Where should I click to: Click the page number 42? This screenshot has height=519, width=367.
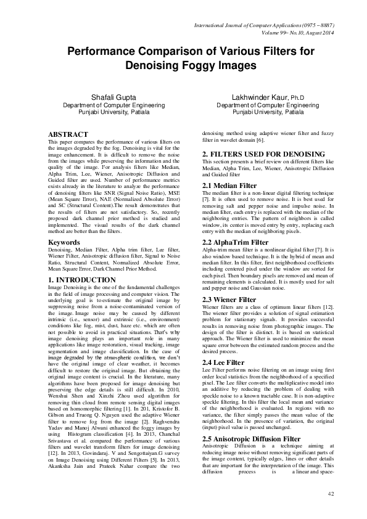(x=330, y=494)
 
